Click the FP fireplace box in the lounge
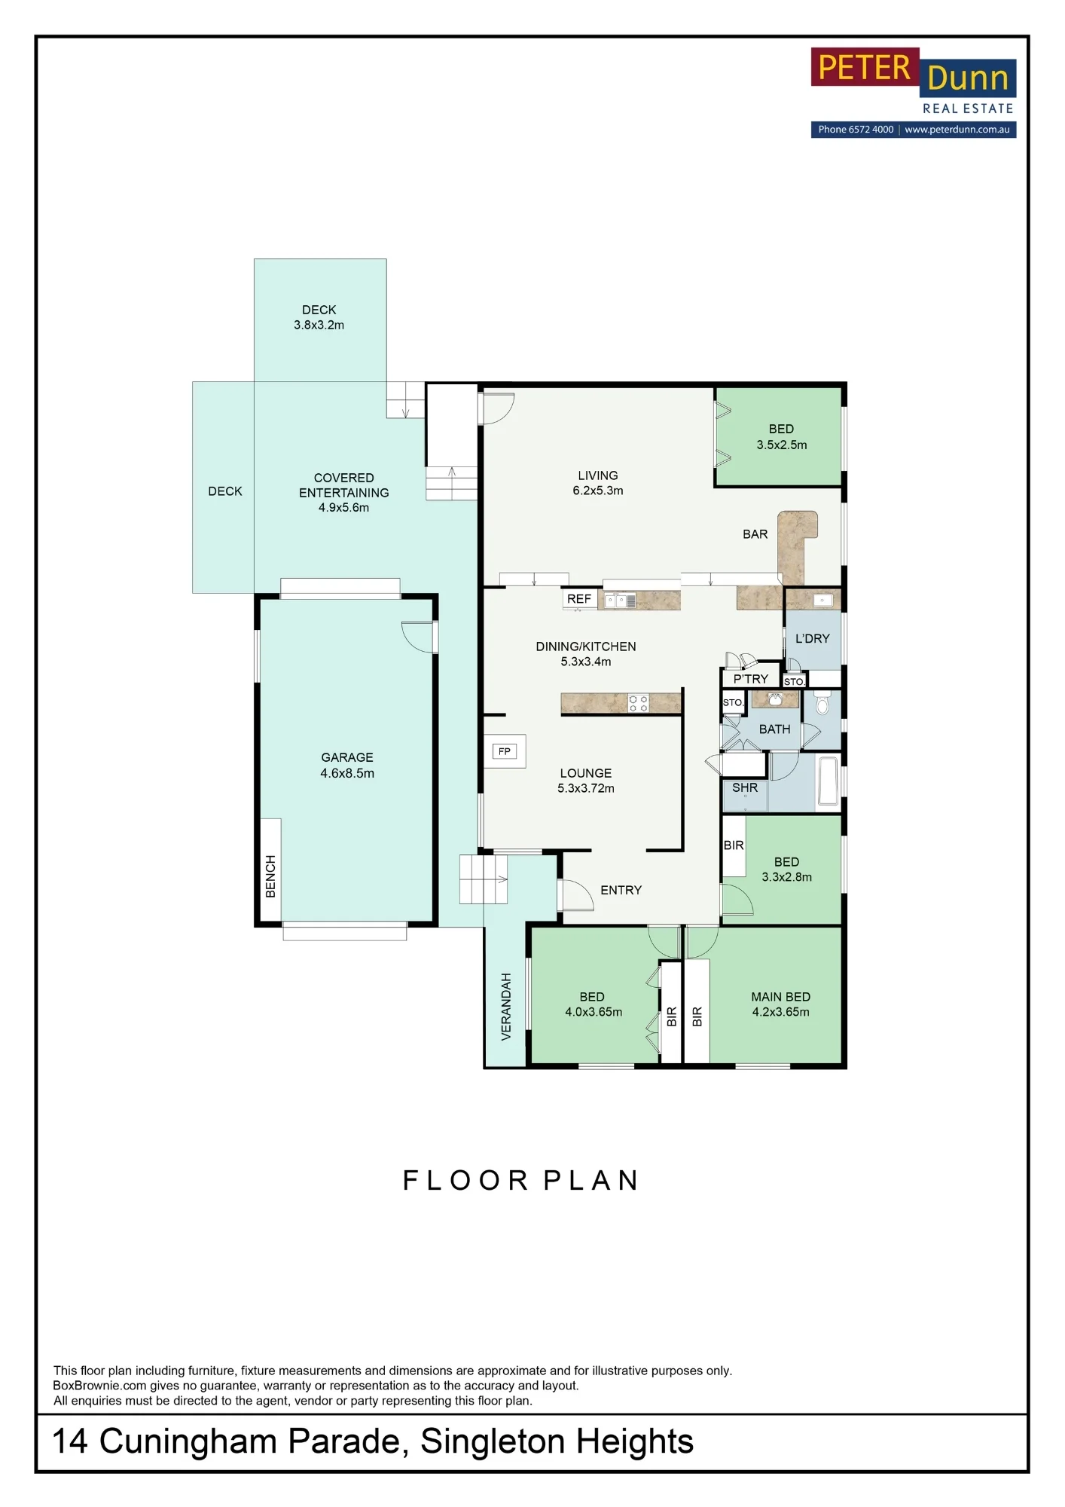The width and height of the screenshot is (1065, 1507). pyautogui.click(x=505, y=751)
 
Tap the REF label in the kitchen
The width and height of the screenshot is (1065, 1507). pyautogui.click(x=579, y=599)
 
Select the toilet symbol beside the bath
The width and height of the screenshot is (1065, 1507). pyautogui.click(x=822, y=704)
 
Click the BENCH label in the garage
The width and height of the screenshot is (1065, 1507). pyautogui.click(x=271, y=876)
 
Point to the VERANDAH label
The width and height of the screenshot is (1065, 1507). pyautogui.click(x=506, y=1007)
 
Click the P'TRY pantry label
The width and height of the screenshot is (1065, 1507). pyautogui.click(x=751, y=679)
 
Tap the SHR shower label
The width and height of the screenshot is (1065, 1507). pyautogui.click(x=745, y=787)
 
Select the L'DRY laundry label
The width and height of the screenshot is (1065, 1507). pyautogui.click(x=813, y=638)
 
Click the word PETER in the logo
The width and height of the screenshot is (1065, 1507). pyautogui.click(x=865, y=68)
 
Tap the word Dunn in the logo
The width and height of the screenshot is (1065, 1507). pyautogui.click(x=968, y=78)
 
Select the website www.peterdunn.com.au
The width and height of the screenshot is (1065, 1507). pyautogui.click(x=957, y=130)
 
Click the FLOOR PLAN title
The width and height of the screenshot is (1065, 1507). pyautogui.click(x=521, y=1180)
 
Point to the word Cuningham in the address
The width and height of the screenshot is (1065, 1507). pyautogui.click(x=188, y=1442)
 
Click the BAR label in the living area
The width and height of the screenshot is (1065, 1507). pyautogui.click(x=755, y=534)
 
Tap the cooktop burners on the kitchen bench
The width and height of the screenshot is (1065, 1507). pyautogui.click(x=639, y=704)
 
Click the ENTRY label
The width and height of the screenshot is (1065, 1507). pyautogui.click(x=621, y=890)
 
